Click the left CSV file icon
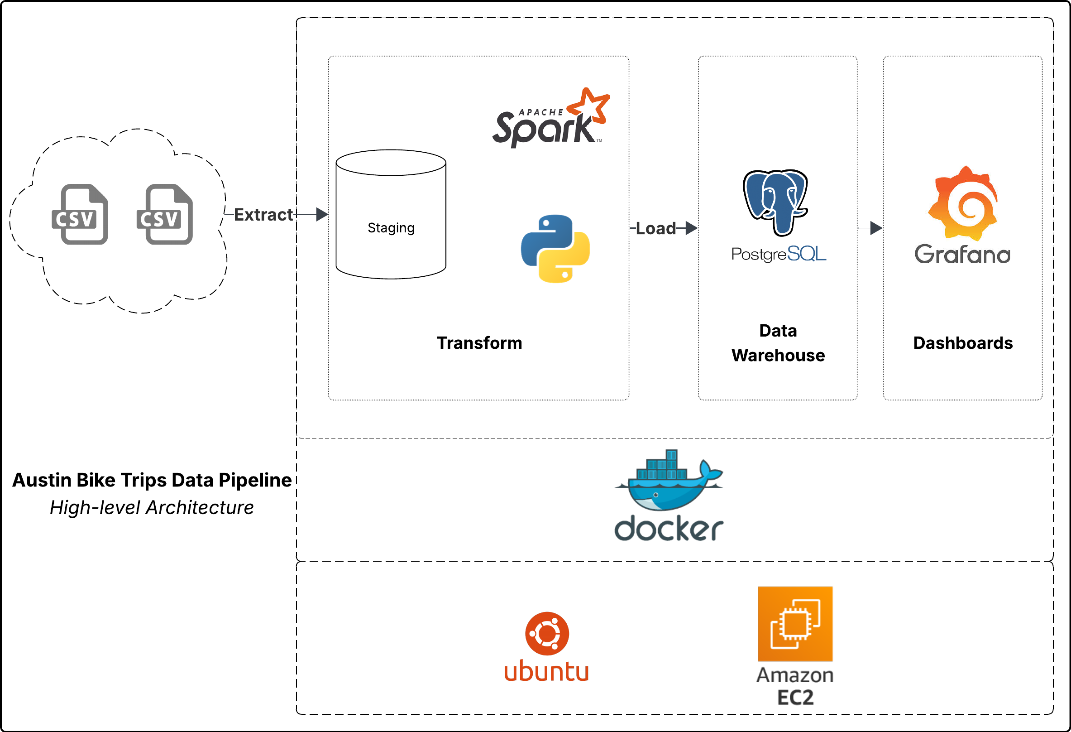pyautogui.click(x=80, y=214)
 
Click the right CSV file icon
pyautogui.click(x=164, y=214)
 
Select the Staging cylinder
pyautogui.click(x=391, y=214)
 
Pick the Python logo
pyautogui.click(x=555, y=249)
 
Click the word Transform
pyautogui.click(x=479, y=343)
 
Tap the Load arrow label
pyautogui.click(x=655, y=228)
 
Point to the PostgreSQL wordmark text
pyautogui.click(x=779, y=254)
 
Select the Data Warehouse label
pyautogui.click(x=778, y=343)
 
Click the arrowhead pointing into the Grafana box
pyautogui.click(x=876, y=228)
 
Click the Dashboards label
pyautogui.click(x=963, y=343)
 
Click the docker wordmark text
pyautogui.click(x=669, y=529)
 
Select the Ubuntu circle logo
pyautogui.click(x=547, y=634)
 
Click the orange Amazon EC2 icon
pyautogui.click(x=795, y=624)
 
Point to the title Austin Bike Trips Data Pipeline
pyautogui.click(x=152, y=480)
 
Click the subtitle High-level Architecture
pyautogui.click(x=152, y=508)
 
